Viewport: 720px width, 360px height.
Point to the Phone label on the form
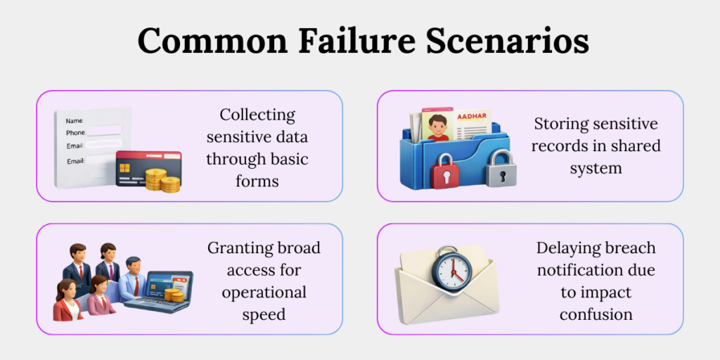coord(76,132)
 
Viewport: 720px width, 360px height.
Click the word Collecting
coord(257,115)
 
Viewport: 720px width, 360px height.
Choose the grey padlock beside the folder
coord(500,167)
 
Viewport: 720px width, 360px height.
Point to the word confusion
coord(596,314)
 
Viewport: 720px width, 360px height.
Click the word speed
coord(264,314)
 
